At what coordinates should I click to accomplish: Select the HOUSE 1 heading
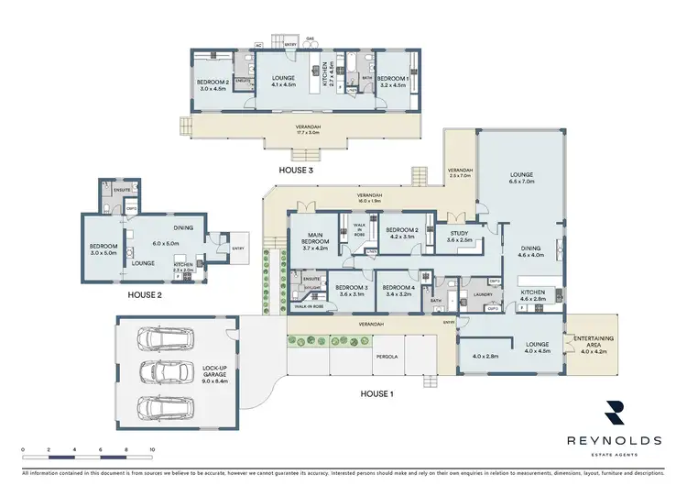click(x=376, y=393)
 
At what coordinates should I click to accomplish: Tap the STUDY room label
click(x=459, y=234)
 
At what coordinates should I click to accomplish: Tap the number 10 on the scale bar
click(x=151, y=449)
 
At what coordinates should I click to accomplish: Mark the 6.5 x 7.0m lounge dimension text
click(x=521, y=182)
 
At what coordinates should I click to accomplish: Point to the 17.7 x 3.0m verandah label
click(x=303, y=132)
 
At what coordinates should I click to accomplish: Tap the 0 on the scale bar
click(x=22, y=449)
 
